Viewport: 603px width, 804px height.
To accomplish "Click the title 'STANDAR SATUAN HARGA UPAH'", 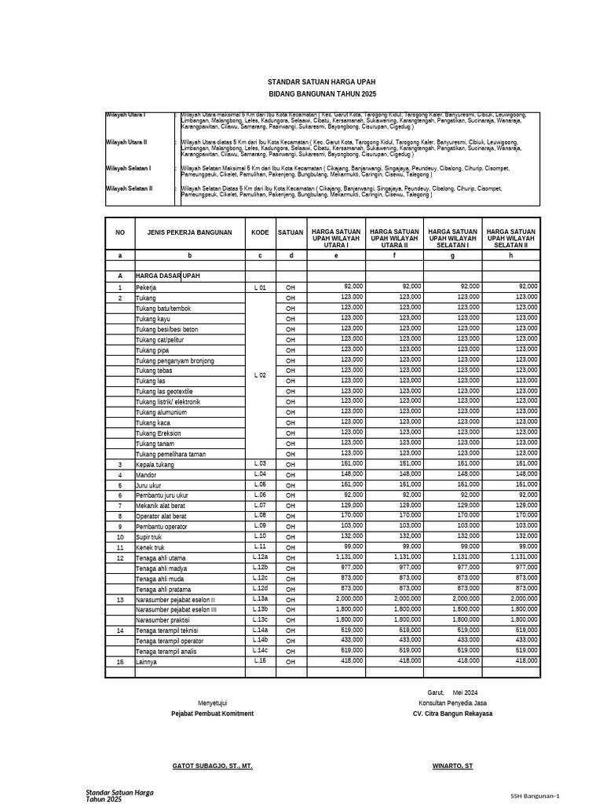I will [322, 82].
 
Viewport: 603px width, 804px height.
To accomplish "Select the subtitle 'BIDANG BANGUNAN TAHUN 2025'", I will [322, 93].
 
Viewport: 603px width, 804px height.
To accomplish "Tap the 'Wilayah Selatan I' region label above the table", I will [128, 168].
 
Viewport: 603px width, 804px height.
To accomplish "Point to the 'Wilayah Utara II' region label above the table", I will [127, 143].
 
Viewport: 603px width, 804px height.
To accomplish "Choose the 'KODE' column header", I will [260, 232].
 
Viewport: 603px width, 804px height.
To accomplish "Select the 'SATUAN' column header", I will [291, 232].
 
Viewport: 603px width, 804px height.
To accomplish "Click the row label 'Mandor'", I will [146, 475].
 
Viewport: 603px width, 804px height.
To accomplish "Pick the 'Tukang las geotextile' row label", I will [164, 391].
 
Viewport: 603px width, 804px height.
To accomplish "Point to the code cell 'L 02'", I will [260, 375].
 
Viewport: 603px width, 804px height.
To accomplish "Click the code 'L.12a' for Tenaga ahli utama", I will [260, 557].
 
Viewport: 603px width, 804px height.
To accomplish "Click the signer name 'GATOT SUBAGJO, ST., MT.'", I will [212, 765].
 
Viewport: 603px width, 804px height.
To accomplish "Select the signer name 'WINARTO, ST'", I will [452, 765].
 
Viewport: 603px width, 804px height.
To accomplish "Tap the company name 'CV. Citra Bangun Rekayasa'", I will [452, 714].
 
